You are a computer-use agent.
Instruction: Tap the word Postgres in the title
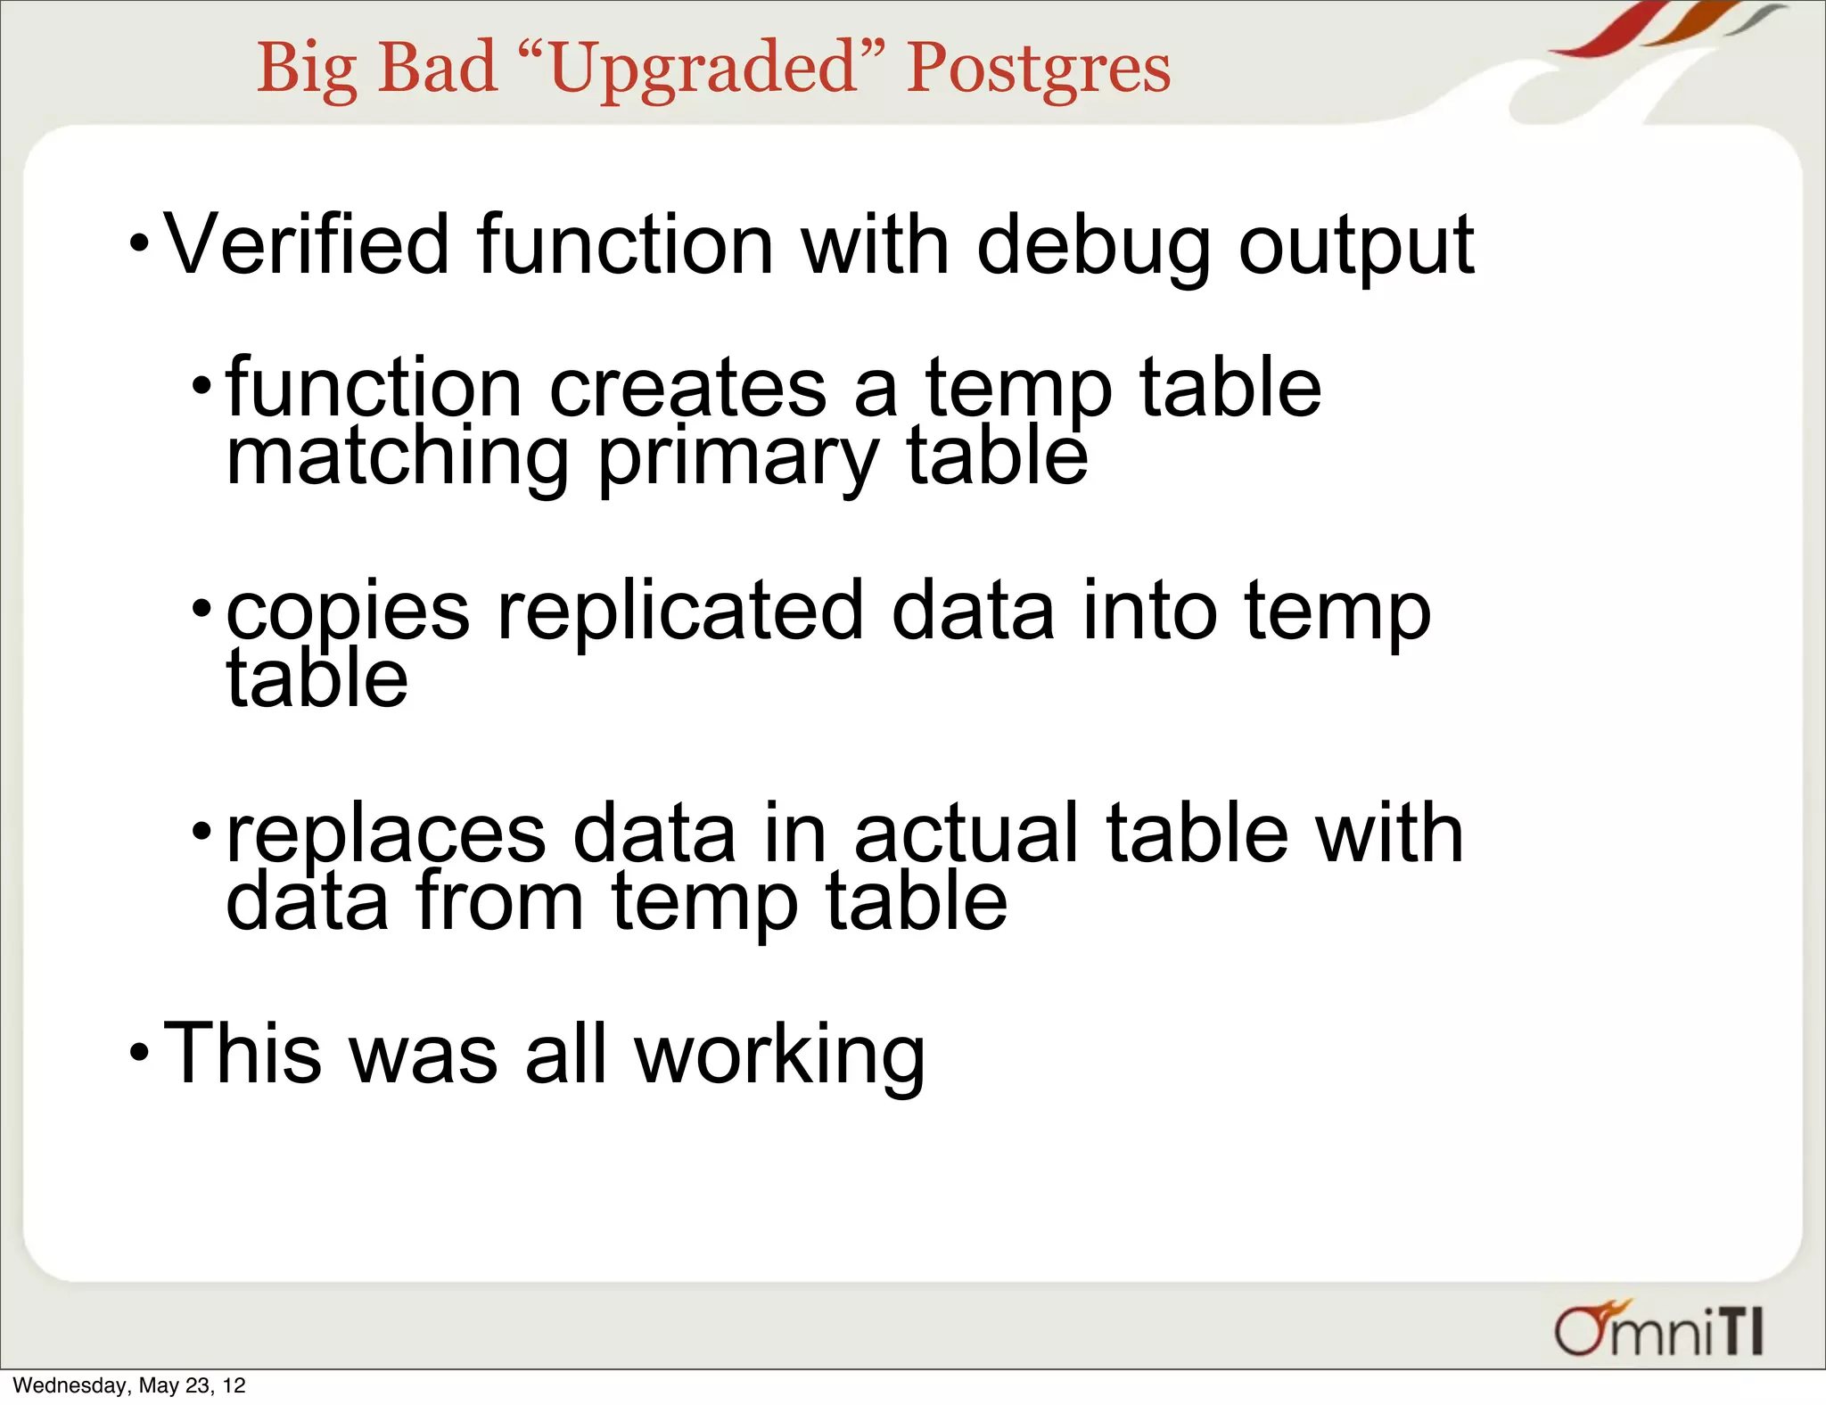(x=1038, y=70)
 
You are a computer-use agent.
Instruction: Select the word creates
(x=687, y=389)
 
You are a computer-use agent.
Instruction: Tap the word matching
(x=397, y=458)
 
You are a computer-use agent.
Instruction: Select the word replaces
(x=385, y=836)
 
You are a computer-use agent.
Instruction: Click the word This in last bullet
(x=241, y=1054)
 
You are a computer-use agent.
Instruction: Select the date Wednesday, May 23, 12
(x=129, y=1385)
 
